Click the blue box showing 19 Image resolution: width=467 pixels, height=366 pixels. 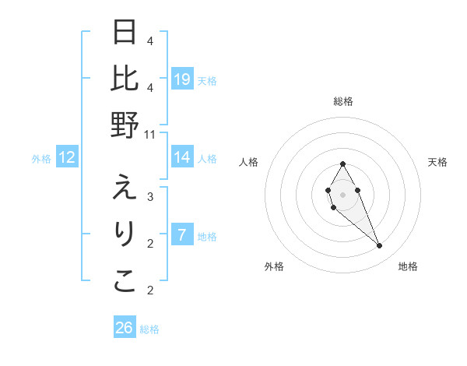click(182, 79)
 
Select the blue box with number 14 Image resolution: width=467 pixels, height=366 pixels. click(182, 157)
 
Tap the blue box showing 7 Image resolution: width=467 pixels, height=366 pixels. click(182, 234)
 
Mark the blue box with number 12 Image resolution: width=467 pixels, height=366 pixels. click(67, 157)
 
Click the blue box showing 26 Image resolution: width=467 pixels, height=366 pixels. click(125, 328)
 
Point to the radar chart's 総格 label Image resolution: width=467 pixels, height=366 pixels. click(342, 101)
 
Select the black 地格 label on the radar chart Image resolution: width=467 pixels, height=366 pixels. click(408, 266)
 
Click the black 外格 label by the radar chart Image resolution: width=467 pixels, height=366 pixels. click(274, 266)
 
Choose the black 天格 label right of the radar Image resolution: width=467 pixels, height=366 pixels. click(437, 162)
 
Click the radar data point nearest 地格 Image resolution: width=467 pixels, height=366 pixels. click(380, 246)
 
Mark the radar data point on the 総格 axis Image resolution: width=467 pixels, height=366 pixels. click(342, 164)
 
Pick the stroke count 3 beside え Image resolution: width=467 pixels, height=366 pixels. click(150, 196)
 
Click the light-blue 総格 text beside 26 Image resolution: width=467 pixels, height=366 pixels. click(149, 329)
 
